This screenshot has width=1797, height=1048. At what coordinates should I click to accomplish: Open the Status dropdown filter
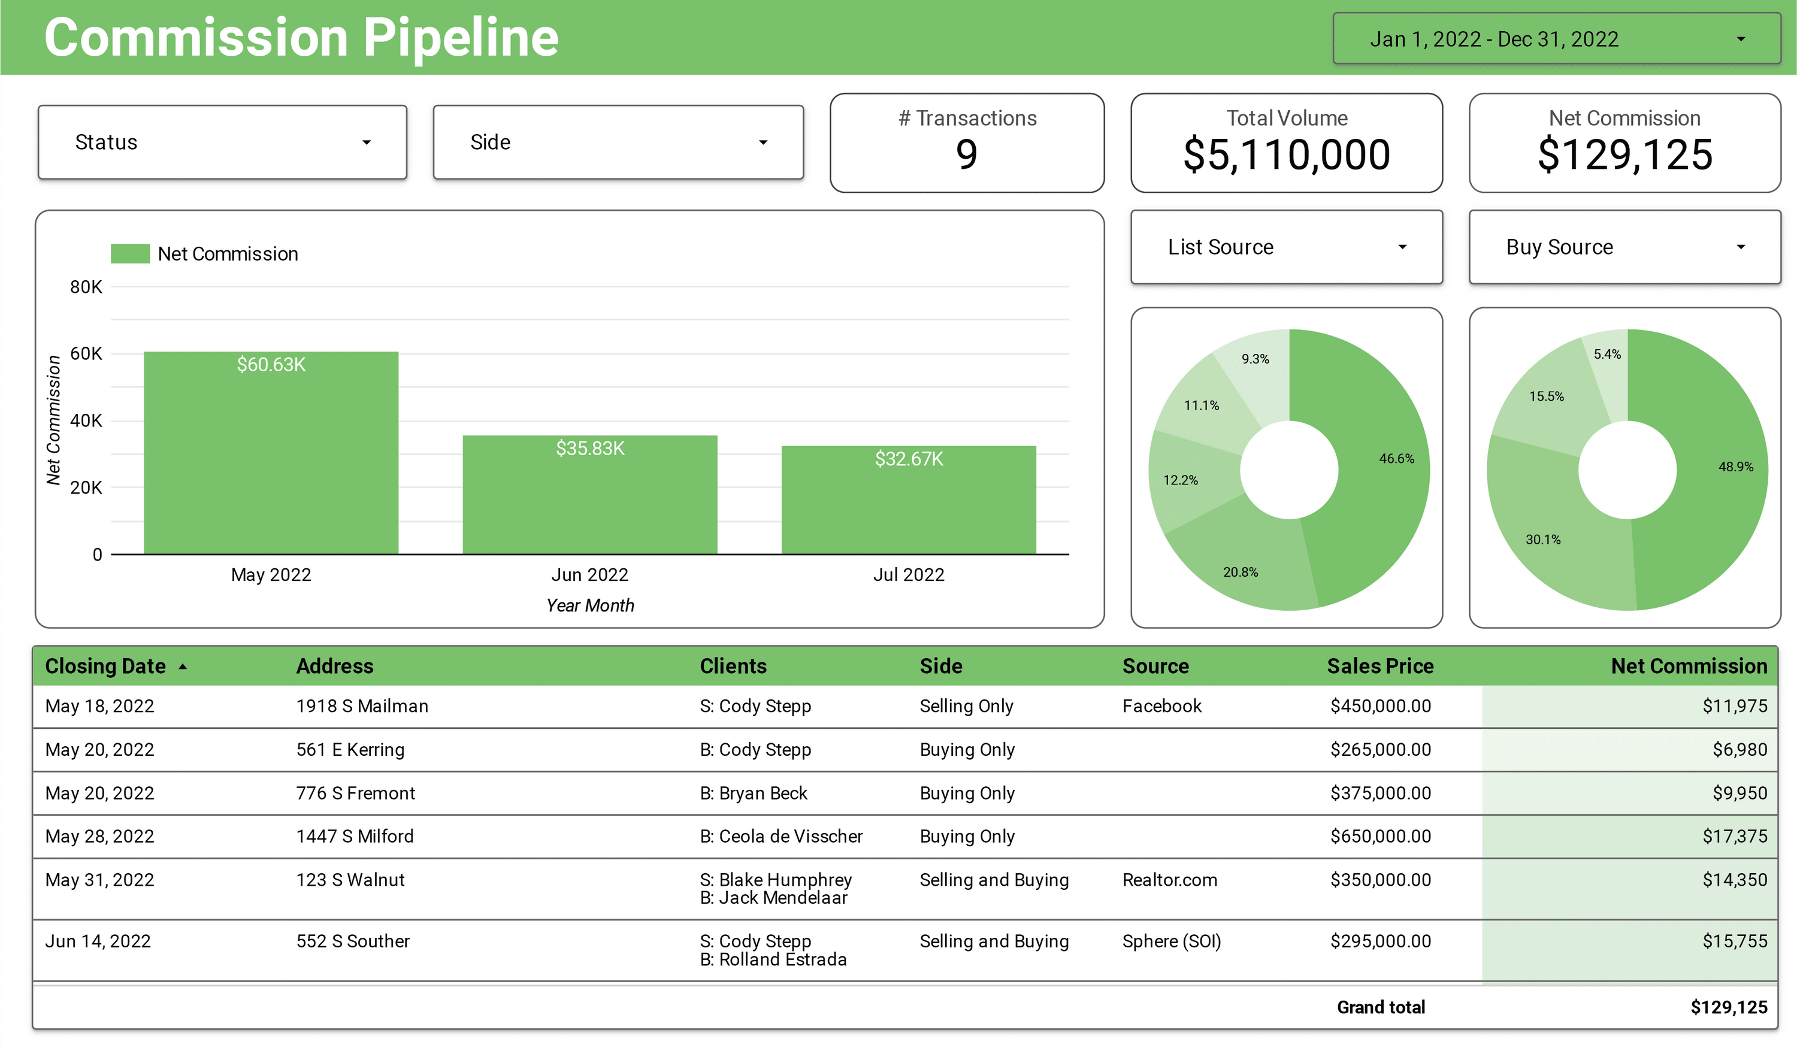click(x=222, y=143)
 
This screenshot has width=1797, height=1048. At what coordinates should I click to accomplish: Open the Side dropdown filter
click(x=618, y=143)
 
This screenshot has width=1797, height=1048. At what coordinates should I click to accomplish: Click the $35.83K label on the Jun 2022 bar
click(x=590, y=449)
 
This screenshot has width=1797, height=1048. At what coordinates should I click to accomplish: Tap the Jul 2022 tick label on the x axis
click(x=909, y=575)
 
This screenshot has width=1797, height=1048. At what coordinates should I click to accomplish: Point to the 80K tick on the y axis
click(x=86, y=287)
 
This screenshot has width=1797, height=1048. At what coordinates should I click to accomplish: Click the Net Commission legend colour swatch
click(x=130, y=254)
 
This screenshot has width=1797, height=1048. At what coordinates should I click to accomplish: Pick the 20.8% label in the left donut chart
click(x=1240, y=573)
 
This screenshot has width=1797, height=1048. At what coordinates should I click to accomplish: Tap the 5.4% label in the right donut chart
click(x=1607, y=355)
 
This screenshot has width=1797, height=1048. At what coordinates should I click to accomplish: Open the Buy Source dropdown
click(x=1624, y=247)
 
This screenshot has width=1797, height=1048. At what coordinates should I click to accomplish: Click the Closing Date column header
click(x=105, y=666)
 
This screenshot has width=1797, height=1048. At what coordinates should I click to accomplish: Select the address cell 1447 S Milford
click(x=355, y=836)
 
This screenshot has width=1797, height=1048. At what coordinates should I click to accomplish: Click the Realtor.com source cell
click(x=1169, y=880)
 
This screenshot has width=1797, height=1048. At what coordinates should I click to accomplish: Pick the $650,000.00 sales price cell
click(x=1380, y=836)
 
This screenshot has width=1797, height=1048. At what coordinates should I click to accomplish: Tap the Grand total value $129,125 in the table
click(x=1728, y=1007)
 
